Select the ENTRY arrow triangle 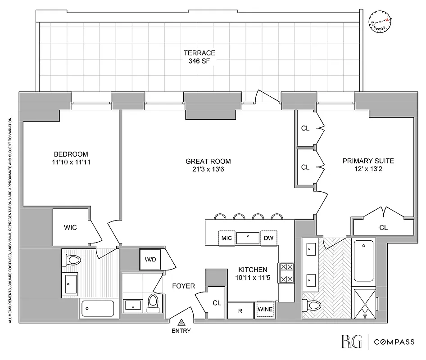[181, 322]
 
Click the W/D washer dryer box [150, 260]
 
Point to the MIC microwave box [227, 238]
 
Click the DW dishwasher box [268, 238]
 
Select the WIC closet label [70, 227]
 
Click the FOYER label [184, 286]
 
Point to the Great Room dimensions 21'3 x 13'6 [208, 169]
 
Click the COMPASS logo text [395, 342]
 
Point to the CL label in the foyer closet [217, 303]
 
